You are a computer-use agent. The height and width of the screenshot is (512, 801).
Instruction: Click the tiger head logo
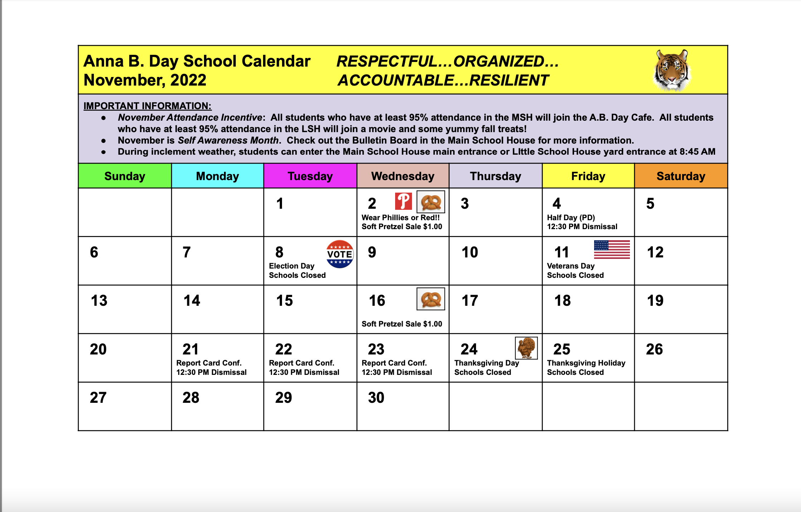[x=672, y=70]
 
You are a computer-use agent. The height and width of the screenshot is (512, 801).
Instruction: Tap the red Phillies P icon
[x=403, y=201]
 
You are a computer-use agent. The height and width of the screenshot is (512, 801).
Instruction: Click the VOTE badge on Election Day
[x=340, y=254]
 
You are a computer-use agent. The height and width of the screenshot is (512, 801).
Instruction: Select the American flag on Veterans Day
[x=612, y=250]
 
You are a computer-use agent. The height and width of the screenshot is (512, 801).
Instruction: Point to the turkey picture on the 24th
[x=526, y=348]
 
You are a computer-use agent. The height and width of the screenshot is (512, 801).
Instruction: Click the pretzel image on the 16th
[x=431, y=299]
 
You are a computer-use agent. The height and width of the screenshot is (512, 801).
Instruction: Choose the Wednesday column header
[x=403, y=176]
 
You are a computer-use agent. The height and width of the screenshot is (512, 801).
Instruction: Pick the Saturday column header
[x=681, y=176]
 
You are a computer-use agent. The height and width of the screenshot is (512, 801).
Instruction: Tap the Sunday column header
[x=125, y=176]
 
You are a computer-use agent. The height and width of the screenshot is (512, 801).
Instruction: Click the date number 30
[x=376, y=398]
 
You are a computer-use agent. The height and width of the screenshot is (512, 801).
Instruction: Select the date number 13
[x=99, y=301]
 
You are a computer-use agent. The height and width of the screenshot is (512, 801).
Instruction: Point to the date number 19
[x=655, y=301]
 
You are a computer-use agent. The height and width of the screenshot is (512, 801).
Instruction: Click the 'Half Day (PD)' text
[x=571, y=217]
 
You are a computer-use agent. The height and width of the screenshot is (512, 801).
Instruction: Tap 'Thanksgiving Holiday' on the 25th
[x=586, y=363]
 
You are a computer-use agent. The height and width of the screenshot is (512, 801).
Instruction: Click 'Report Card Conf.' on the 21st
[x=209, y=363]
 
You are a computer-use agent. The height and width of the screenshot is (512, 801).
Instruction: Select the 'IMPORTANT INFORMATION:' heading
[x=147, y=106]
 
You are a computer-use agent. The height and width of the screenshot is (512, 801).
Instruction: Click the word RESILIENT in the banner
[x=509, y=81]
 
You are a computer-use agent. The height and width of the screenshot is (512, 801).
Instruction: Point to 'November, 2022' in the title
[x=145, y=80]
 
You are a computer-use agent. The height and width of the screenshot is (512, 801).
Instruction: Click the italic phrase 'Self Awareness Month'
[x=228, y=140]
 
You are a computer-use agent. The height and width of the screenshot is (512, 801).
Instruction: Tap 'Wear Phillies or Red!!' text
[x=400, y=217]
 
